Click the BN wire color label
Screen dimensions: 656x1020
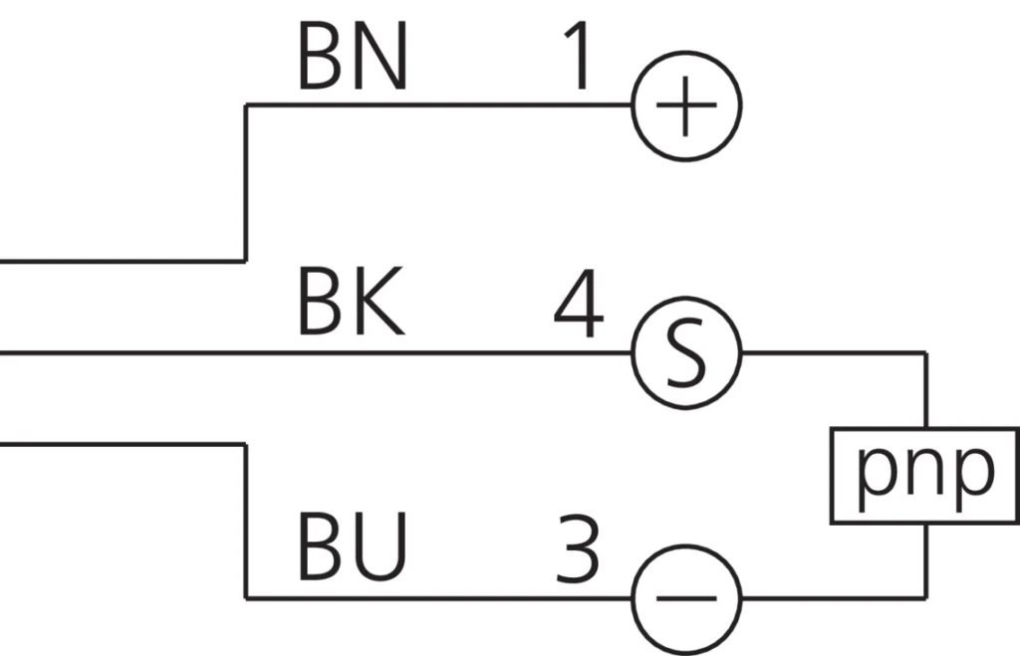click(353, 60)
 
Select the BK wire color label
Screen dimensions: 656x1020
click(351, 304)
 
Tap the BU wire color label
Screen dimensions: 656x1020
click(353, 548)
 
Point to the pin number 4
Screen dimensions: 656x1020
click(579, 309)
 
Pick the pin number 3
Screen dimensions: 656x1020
click(578, 549)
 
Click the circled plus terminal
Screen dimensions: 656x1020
click(686, 105)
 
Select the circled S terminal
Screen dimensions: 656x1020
click(686, 352)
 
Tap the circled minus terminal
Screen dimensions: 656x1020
click(686, 598)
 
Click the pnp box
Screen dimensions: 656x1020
click(925, 475)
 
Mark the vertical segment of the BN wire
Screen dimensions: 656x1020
click(246, 183)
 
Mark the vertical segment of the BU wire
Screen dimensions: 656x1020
click(246, 522)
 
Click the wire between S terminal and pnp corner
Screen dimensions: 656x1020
click(832, 352)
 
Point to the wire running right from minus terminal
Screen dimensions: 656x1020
click(832, 598)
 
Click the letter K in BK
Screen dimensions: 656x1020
click(380, 304)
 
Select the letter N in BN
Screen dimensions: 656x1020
click(382, 60)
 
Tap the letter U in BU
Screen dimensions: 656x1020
click(382, 548)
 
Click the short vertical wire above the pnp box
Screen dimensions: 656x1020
click(927, 390)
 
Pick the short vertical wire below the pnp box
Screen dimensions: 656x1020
click(927, 559)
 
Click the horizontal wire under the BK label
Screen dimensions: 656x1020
click(349, 352)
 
